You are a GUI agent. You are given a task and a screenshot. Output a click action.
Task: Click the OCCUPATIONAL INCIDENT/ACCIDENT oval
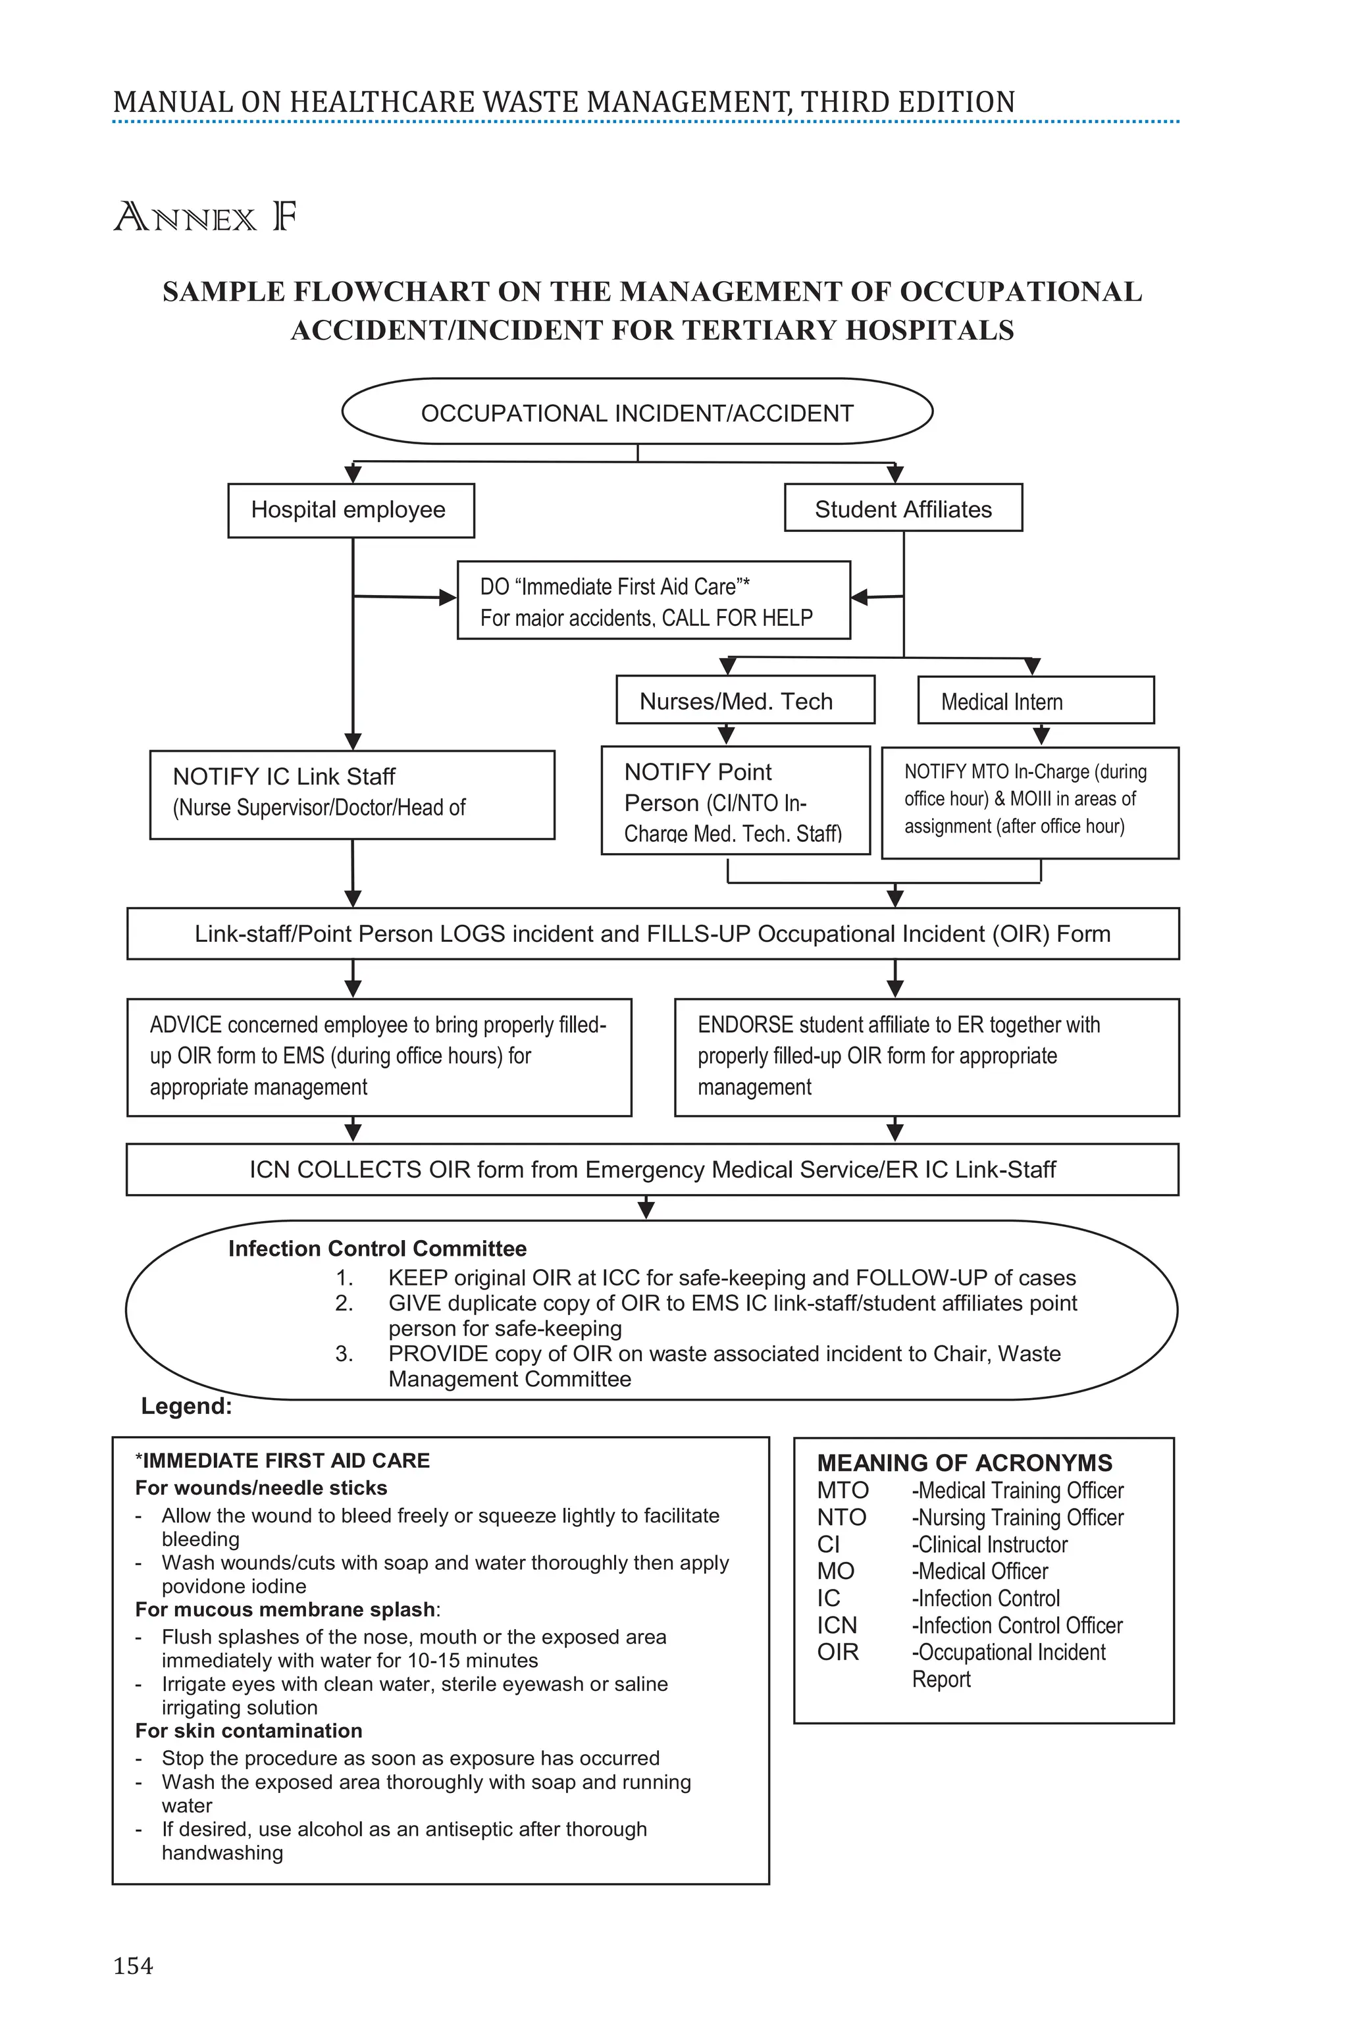[x=637, y=413]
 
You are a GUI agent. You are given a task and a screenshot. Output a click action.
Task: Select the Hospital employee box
[x=351, y=510]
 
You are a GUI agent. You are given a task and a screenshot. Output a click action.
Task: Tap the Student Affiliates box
[x=902, y=509]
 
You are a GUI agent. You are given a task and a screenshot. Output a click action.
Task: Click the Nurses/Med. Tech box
[x=744, y=700]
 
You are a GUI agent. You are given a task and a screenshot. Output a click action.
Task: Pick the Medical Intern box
[x=1035, y=700]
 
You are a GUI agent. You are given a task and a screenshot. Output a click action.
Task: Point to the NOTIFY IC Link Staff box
[x=351, y=794]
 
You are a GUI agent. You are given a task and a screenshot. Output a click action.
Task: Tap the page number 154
[x=133, y=1966]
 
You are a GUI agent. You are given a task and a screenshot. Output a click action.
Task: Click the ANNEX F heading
[x=205, y=217]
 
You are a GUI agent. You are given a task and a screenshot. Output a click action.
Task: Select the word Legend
[x=186, y=1407]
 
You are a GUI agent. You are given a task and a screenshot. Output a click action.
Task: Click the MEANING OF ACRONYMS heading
[x=964, y=1463]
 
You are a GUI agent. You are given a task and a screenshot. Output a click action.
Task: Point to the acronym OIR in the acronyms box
[x=837, y=1651]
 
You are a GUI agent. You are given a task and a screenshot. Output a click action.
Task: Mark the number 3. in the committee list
[x=344, y=1354]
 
